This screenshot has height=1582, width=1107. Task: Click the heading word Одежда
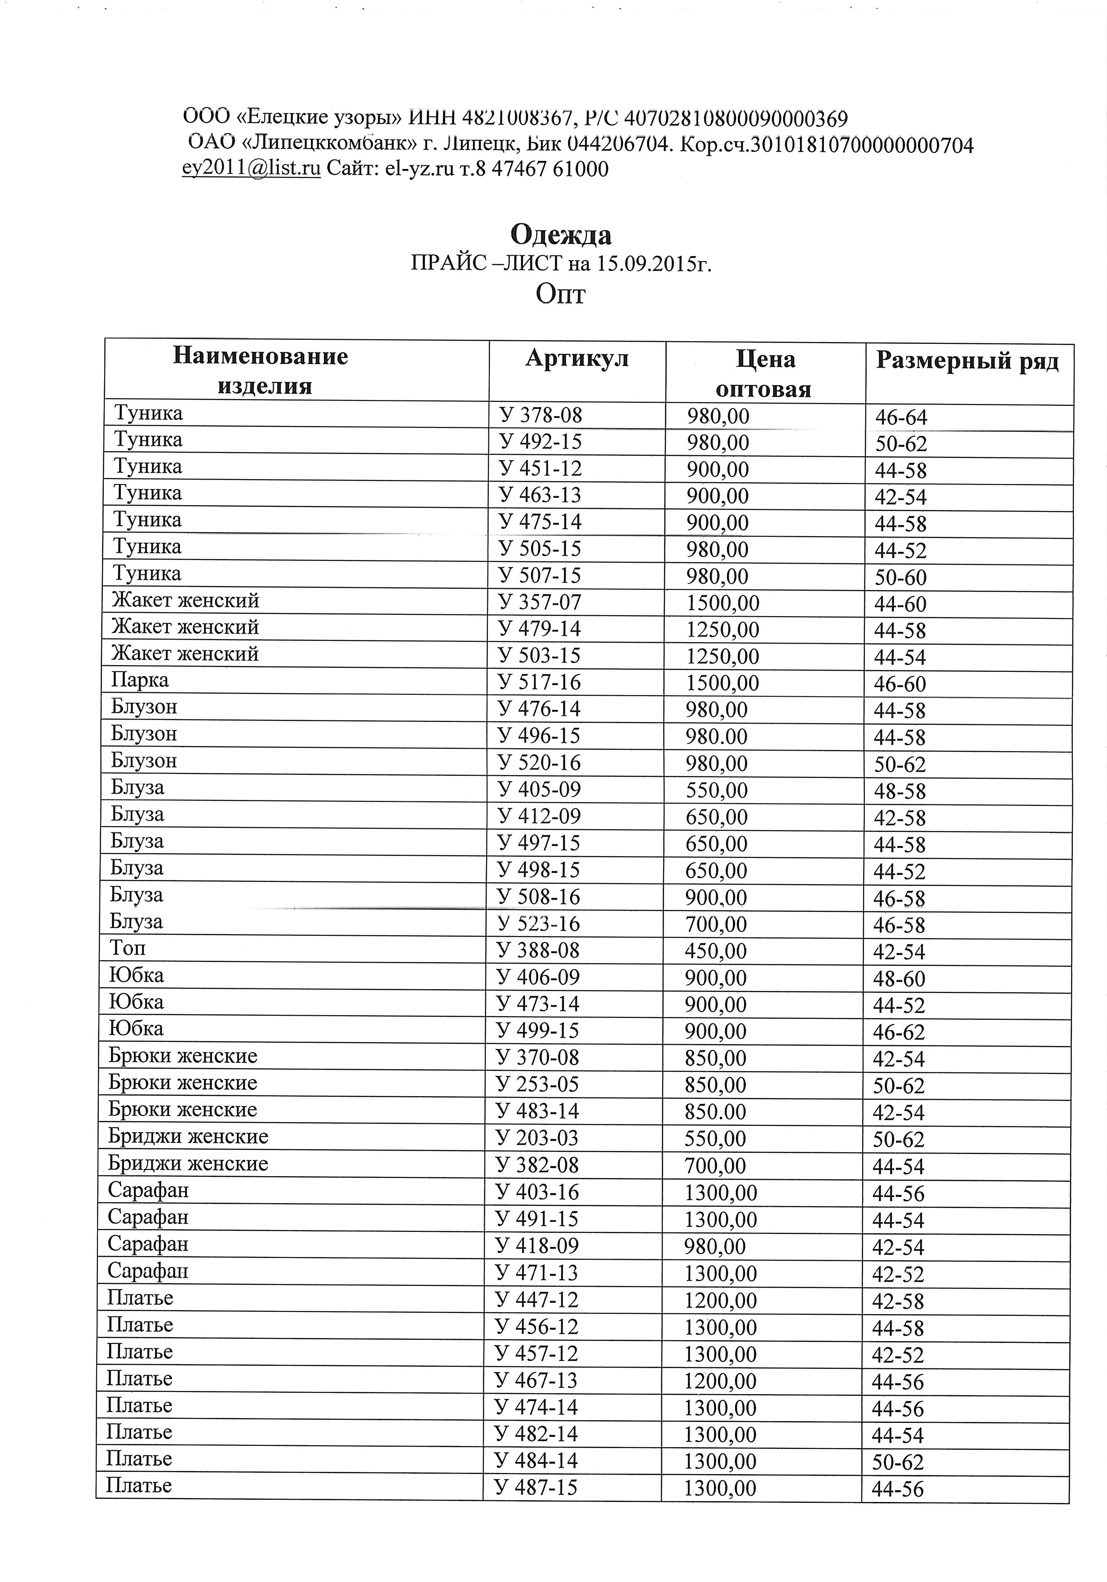(560, 235)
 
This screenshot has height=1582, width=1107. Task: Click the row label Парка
(140, 680)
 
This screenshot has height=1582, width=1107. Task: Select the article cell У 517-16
(540, 682)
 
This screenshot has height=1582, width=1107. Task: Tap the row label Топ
(128, 948)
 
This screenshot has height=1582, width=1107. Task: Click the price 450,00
(716, 951)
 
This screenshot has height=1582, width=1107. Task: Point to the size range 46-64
(901, 418)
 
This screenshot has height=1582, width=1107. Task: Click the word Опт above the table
(560, 295)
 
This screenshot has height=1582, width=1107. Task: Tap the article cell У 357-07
(540, 602)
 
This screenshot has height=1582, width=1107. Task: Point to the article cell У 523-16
(539, 923)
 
